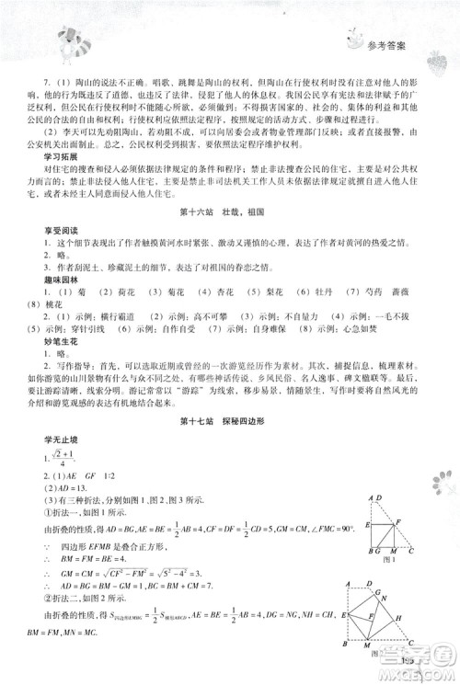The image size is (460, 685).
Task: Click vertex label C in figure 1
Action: (404, 550)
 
